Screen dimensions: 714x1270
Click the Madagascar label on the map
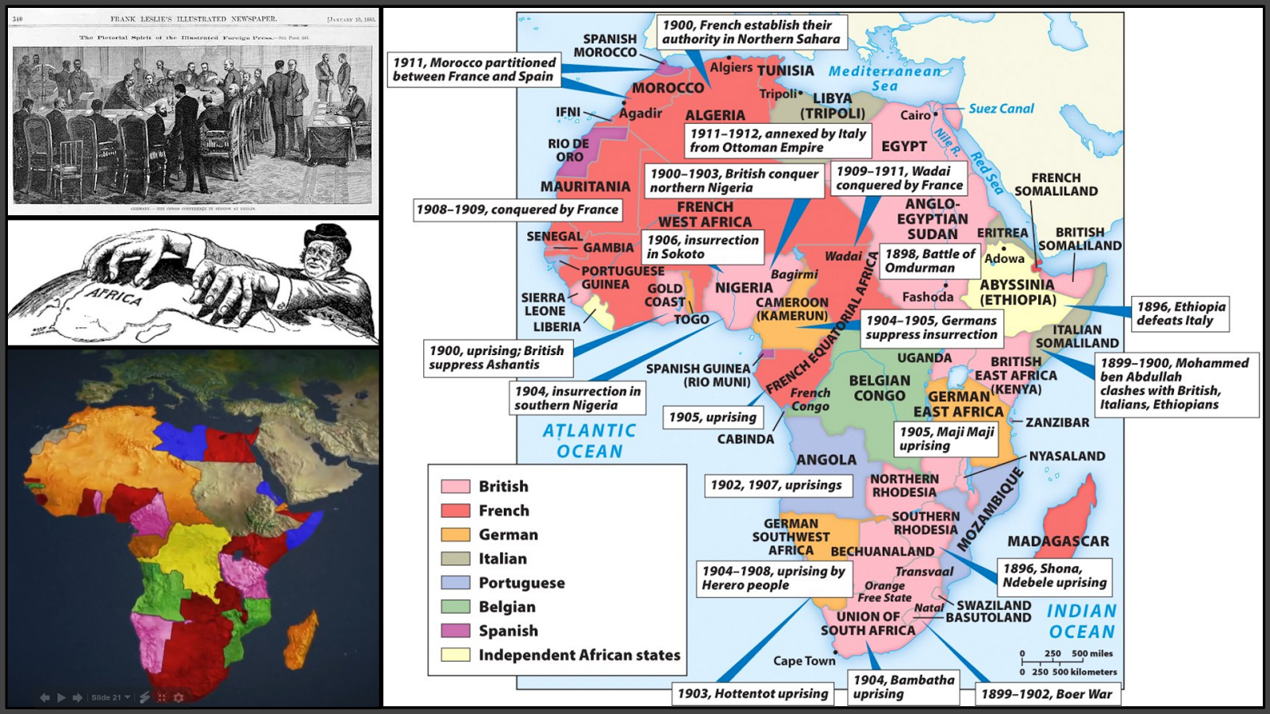coord(1058,542)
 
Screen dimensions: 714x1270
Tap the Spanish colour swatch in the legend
coord(456,631)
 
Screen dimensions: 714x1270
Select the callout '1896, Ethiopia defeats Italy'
coord(1180,314)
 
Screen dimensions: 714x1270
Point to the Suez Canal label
coord(1001,109)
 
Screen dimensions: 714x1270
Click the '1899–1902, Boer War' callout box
coord(1046,694)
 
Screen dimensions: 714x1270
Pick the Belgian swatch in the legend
coord(456,607)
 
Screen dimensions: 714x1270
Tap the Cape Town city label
coord(804,661)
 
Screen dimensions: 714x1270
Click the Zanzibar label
coord(1057,423)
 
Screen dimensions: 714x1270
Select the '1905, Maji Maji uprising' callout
coord(946,438)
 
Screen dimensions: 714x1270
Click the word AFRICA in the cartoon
coord(115,297)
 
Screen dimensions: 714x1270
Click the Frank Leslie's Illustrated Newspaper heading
coord(194,19)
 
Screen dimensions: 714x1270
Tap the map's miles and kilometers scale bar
coord(1068,662)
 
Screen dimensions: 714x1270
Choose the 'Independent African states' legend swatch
coord(456,655)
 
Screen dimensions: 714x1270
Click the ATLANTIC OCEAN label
coord(589,441)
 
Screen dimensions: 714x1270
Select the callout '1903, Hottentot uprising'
coord(752,694)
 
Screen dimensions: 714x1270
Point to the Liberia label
coord(556,327)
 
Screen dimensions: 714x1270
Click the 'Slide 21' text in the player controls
coord(106,697)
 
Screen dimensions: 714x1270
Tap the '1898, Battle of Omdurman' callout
coord(930,261)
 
